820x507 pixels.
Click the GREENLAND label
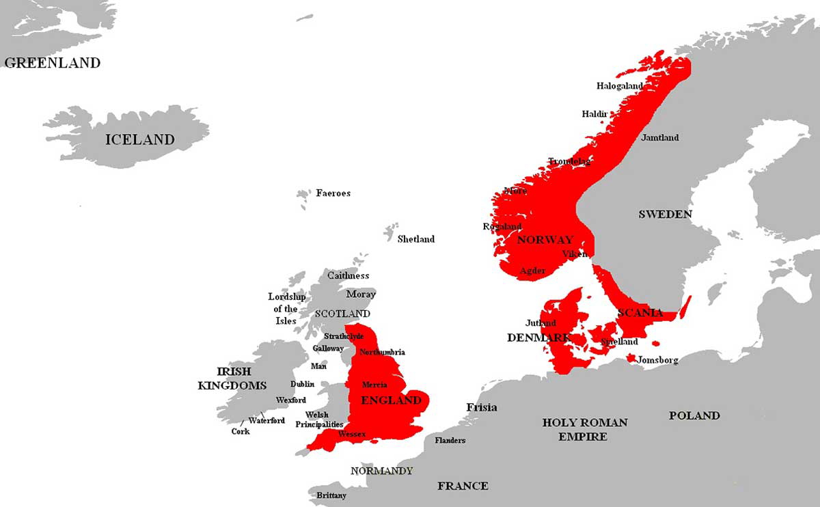(53, 63)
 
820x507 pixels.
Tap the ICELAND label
(139, 140)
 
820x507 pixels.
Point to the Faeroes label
(333, 193)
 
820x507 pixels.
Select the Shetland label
(416, 239)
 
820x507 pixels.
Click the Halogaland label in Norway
(620, 86)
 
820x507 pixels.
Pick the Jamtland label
(660, 138)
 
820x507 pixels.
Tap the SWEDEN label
(665, 215)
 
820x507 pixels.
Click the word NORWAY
(545, 240)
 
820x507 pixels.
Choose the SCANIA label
(640, 313)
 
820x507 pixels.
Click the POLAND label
(694, 415)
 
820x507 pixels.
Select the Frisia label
(482, 408)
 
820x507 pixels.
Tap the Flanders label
(450, 440)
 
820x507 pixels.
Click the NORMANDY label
(381, 471)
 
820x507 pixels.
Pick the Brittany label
(331, 495)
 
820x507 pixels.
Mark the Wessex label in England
(352, 435)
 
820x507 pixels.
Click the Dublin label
(302, 384)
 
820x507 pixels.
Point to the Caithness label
(348, 276)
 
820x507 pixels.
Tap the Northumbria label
(382, 352)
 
